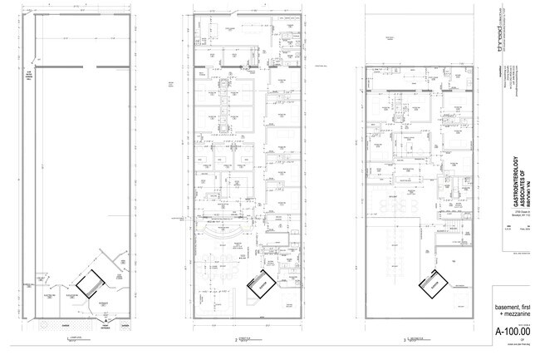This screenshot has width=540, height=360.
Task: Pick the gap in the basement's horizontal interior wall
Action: [83, 66]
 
